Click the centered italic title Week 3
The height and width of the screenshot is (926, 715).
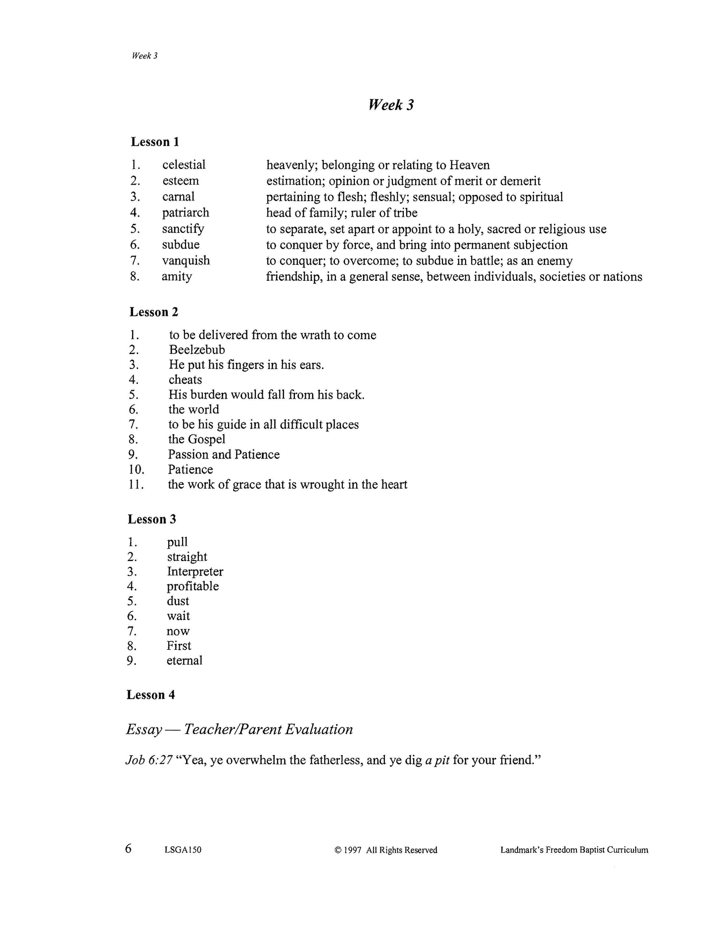(x=391, y=105)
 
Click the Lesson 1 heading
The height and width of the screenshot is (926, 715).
(x=155, y=142)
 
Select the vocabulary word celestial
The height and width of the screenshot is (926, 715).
(x=184, y=165)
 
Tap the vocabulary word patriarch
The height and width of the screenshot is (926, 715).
(x=186, y=213)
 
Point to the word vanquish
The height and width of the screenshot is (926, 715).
(x=186, y=260)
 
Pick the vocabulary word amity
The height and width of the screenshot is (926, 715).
(x=177, y=276)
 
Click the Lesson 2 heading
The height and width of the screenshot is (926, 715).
(x=154, y=312)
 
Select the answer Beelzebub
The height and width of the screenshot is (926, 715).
(x=197, y=350)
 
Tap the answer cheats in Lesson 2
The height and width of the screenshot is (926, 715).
(x=185, y=380)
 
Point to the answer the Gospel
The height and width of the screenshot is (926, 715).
(x=196, y=439)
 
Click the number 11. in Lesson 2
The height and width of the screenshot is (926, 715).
(x=136, y=484)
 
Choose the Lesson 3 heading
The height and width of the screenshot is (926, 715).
(x=152, y=519)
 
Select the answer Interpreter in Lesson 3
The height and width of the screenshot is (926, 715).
(x=195, y=571)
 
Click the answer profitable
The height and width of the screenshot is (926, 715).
(x=192, y=586)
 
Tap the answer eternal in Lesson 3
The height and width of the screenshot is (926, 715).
(x=185, y=661)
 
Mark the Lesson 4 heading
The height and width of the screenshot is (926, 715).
(x=151, y=695)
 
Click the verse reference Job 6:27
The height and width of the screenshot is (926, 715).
(x=149, y=760)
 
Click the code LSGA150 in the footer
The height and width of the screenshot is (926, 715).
(x=183, y=850)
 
